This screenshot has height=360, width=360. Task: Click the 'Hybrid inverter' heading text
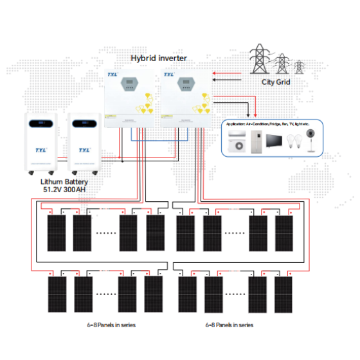click(x=159, y=59)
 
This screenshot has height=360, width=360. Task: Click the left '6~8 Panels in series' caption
click(x=112, y=325)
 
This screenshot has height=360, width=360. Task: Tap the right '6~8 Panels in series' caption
click(x=230, y=325)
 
